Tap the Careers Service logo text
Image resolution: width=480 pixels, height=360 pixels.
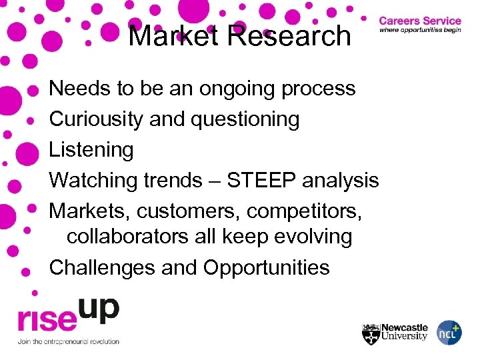tap(420, 21)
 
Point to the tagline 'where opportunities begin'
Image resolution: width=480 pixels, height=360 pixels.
tap(420, 31)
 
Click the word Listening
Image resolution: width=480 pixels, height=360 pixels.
tap(91, 149)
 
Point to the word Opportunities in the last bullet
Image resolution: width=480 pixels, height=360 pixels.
tap(266, 267)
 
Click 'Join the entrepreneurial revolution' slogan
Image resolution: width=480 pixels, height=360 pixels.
tap(68, 341)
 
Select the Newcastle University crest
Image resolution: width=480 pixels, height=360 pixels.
tap(370, 332)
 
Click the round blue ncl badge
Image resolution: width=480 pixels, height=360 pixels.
tap(449, 332)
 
